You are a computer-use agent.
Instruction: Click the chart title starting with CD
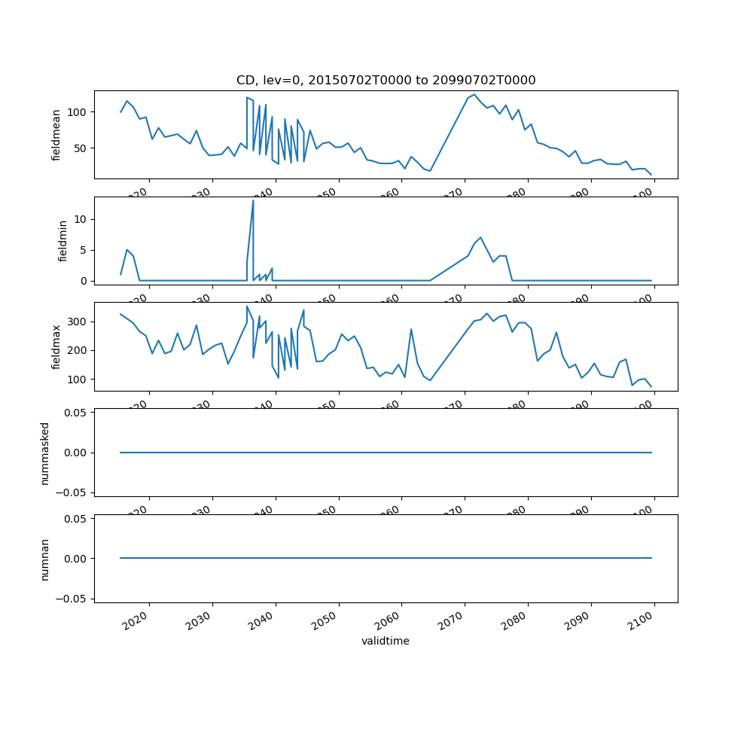coord(386,81)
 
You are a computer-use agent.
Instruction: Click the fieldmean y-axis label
coord(56,135)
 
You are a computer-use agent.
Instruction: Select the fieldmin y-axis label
coord(63,241)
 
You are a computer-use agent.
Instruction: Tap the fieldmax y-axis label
coord(56,346)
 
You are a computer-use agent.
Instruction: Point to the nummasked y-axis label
coord(45,453)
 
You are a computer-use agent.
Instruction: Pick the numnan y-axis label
coord(45,559)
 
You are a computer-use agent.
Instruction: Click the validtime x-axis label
coord(386,641)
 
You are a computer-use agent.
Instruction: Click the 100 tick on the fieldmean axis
coord(77,112)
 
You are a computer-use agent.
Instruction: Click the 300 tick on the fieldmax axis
coord(77,322)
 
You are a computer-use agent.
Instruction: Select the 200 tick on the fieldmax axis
coord(77,350)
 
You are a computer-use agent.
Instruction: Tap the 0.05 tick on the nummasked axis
coord(75,413)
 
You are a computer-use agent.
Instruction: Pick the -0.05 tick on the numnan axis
coord(73,598)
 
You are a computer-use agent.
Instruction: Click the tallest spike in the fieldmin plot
coord(253,200)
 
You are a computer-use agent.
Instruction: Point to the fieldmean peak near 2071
coord(474,95)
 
